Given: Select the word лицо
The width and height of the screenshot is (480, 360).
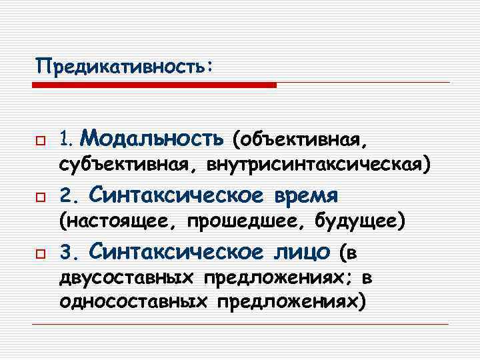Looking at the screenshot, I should pos(301,252).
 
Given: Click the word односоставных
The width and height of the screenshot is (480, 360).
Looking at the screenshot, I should pos(133,301).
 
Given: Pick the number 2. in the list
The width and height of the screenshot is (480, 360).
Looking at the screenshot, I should pos(69,196).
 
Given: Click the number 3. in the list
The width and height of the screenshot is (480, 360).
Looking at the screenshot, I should pos(69,253).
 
